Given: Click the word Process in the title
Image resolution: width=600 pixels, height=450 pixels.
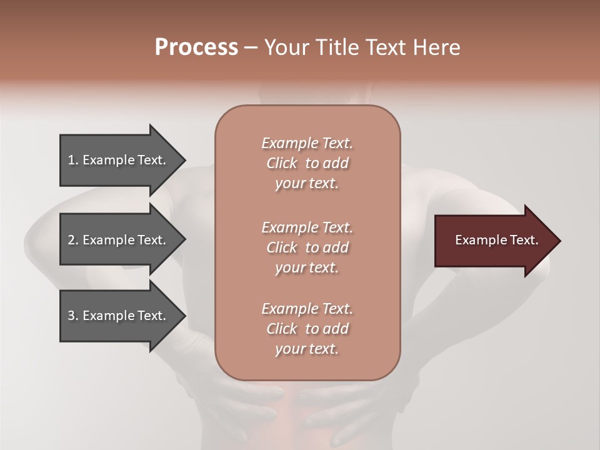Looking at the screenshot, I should coord(196,47).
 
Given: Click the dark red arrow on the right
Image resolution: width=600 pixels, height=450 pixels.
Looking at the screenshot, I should coord(494,241).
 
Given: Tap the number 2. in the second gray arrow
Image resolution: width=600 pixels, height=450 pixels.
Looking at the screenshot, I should coord(73,240).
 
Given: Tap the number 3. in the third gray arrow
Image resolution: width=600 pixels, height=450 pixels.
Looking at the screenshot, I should coord(73,316).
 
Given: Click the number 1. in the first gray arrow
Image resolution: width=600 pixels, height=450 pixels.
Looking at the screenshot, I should coord(73,160).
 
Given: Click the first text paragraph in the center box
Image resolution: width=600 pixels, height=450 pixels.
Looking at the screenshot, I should coord(307,163).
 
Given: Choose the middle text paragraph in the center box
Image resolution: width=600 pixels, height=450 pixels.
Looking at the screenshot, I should coord(307,247).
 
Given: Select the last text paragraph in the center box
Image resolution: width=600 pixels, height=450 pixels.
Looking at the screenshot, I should coord(307,329).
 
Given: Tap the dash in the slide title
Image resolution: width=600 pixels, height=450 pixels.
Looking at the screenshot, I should coord(251,47).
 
